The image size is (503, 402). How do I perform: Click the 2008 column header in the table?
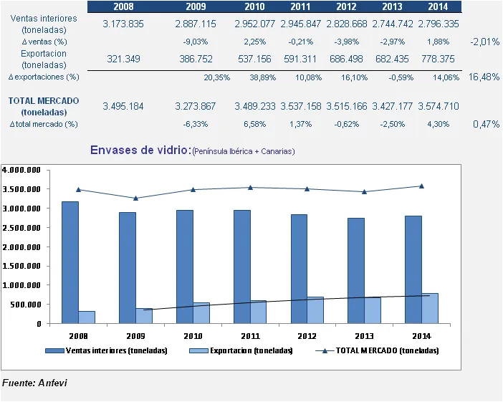click(x=123, y=6)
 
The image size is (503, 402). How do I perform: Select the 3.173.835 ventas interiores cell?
click(x=123, y=24)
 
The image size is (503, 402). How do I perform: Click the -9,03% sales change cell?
click(x=196, y=42)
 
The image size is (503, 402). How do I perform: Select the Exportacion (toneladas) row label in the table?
click(x=44, y=59)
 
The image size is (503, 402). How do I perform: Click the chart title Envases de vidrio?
click(x=140, y=150)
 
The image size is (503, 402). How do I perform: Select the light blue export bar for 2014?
click(x=429, y=308)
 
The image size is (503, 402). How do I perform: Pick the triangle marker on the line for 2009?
click(x=136, y=198)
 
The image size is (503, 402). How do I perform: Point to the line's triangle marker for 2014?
click(x=421, y=186)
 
